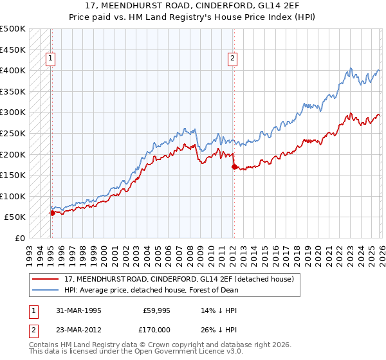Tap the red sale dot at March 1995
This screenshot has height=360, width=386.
click(52, 213)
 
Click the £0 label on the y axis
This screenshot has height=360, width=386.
click(20, 238)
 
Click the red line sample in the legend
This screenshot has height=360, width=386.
click(46, 279)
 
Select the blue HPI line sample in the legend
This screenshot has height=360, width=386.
click(46, 290)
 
